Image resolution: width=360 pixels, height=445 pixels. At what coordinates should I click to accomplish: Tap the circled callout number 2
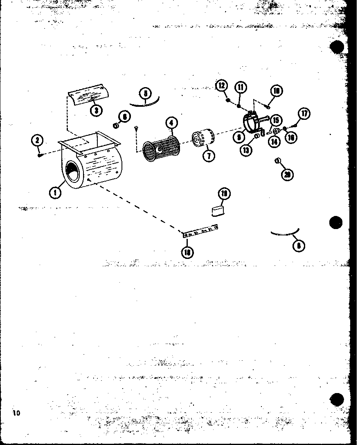37,141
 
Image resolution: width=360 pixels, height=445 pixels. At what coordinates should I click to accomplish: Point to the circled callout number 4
171,123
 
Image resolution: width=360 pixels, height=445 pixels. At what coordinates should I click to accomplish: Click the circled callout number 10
277,91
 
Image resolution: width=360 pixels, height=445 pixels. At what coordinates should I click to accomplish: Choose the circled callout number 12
221,85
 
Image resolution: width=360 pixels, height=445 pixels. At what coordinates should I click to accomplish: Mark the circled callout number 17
304,113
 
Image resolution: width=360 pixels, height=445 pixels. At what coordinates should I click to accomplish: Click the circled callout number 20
288,175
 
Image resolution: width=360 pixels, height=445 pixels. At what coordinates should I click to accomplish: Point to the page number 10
16,412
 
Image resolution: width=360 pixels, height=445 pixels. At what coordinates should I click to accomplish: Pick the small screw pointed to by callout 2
40,155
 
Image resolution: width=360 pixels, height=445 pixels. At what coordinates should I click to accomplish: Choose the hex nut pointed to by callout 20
278,160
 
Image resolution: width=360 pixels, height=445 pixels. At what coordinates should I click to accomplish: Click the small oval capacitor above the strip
218,211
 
